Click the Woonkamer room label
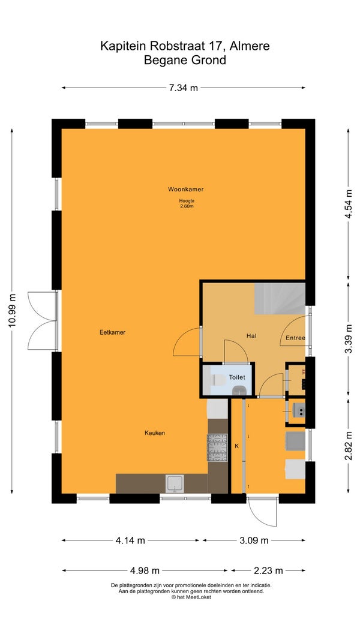click(186, 189)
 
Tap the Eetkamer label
click(112, 332)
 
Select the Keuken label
click(155, 432)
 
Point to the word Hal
click(251, 336)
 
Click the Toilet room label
click(237, 377)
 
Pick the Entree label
click(295, 338)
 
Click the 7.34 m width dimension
click(184, 88)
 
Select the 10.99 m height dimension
click(12, 310)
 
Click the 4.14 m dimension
click(130, 540)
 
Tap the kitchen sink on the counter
click(175, 483)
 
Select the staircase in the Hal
click(280, 298)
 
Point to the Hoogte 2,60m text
click(186, 203)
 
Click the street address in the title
click(185, 46)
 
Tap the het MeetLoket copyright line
click(191, 597)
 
